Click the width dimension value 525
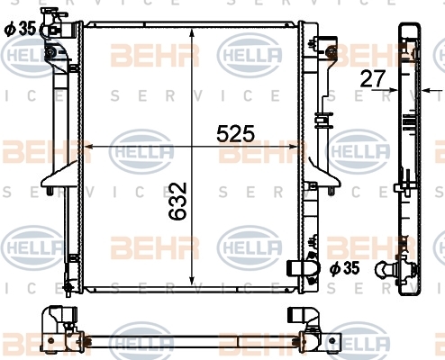(x=235, y=134)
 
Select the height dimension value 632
(x=177, y=201)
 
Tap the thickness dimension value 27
(x=372, y=78)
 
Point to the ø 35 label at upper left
(x=20, y=29)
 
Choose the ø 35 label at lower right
(x=344, y=268)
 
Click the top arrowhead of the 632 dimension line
(x=192, y=33)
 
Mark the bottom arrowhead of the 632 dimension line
(x=192, y=281)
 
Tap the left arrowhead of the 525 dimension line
(x=89, y=147)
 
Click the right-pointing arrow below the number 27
(x=385, y=89)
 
